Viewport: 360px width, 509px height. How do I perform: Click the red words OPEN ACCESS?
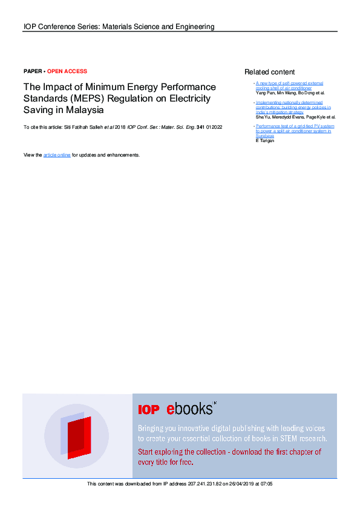coord(67,71)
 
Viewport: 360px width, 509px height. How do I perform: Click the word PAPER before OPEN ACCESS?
coord(33,71)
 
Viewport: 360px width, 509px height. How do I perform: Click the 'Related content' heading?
coord(269,72)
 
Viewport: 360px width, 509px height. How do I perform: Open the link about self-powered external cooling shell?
coord(289,86)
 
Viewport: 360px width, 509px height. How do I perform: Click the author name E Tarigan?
coord(266,141)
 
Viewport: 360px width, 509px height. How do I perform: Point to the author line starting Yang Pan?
coord(290,94)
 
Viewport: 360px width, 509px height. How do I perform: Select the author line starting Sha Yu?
coord(295,117)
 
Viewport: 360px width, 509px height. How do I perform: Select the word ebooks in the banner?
coord(189,409)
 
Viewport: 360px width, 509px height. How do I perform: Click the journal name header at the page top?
coord(119,27)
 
